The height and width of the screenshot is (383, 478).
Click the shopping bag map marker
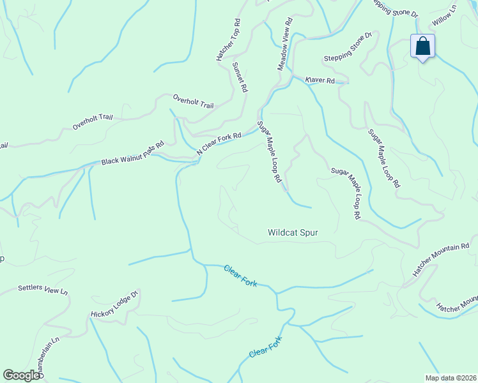[422, 47]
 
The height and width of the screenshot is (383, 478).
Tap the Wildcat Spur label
[293, 233]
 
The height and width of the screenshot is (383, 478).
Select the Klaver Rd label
[320, 80]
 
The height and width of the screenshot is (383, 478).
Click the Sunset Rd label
[240, 77]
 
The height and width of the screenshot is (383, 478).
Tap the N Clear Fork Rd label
[219, 144]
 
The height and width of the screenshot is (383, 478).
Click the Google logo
[21, 375]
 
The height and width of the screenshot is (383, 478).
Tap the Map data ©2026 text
[451, 377]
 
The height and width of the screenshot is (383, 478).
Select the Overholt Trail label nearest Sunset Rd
[193, 101]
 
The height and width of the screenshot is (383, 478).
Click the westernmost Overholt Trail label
[93, 121]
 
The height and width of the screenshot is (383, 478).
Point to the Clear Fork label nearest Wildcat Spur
[240, 275]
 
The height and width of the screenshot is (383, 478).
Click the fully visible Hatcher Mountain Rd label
[441, 259]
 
